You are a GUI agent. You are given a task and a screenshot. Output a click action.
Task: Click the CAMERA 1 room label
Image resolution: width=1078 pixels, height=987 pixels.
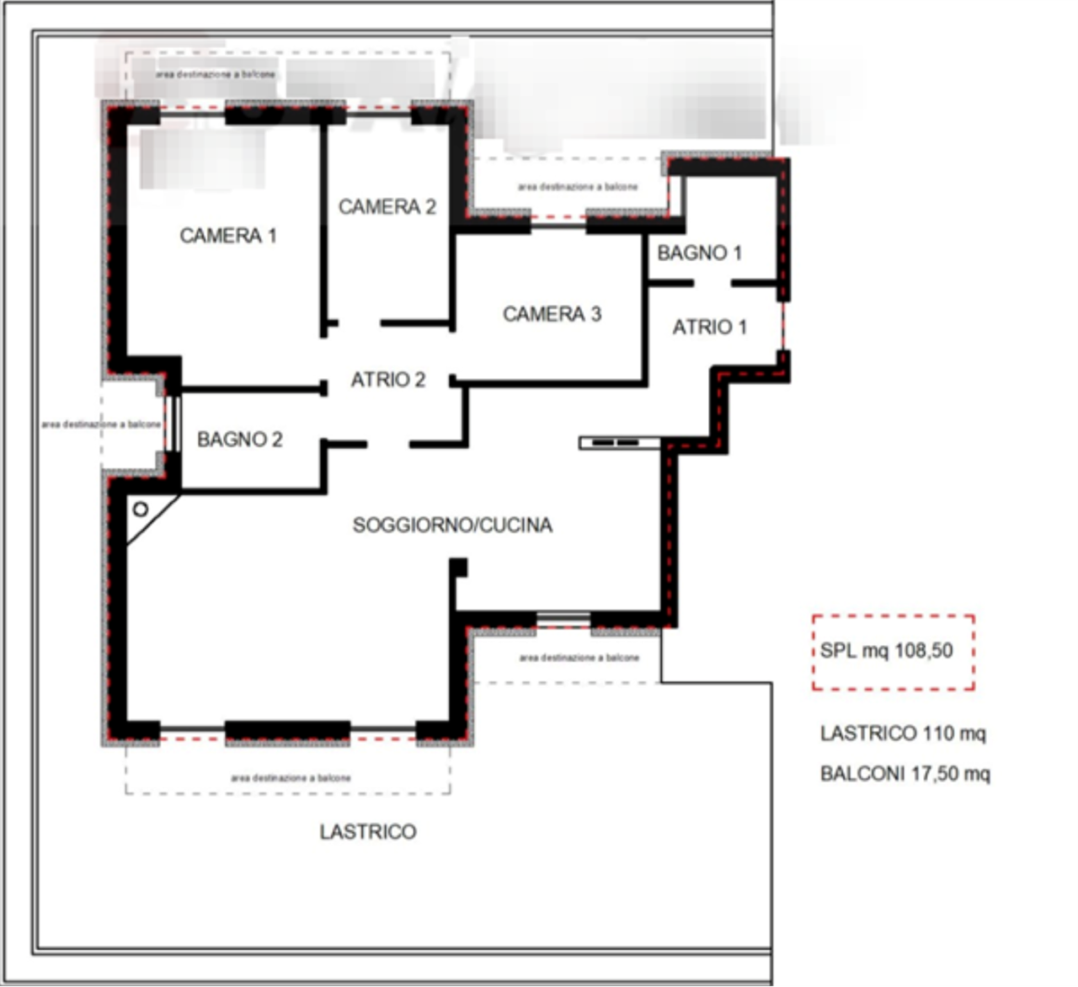click(x=228, y=236)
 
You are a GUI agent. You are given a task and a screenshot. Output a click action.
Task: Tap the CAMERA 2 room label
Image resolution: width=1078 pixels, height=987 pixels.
click(x=387, y=206)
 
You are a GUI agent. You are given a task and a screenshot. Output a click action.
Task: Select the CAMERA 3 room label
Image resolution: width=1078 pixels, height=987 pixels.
click(x=552, y=314)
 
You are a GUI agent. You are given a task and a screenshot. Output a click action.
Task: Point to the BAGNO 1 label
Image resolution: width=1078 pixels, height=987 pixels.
click(x=700, y=253)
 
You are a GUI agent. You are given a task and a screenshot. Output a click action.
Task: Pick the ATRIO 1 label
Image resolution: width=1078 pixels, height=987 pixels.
click(x=708, y=327)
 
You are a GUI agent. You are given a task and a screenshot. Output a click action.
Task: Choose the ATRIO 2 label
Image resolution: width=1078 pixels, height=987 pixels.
click(x=388, y=380)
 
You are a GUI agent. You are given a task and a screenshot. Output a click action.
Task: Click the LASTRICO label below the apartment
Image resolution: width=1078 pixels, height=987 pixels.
click(x=368, y=832)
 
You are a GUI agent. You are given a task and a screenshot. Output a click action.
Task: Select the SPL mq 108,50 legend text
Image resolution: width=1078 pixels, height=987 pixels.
click(x=889, y=652)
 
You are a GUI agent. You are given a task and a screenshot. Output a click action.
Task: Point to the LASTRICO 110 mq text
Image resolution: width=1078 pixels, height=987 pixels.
click(x=904, y=734)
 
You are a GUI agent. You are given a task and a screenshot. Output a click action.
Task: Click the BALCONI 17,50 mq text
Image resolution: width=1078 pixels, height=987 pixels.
click(x=905, y=773)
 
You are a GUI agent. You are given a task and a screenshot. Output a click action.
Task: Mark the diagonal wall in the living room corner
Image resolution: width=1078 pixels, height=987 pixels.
click(x=153, y=522)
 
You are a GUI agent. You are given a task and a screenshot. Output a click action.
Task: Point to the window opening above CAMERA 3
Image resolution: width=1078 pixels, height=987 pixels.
click(x=558, y=223)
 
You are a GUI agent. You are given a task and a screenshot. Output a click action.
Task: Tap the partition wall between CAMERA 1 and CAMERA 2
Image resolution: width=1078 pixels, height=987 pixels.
click(x=323, y=227)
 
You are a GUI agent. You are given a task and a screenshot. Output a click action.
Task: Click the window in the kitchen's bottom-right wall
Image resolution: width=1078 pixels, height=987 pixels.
click(x=563, y=621)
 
